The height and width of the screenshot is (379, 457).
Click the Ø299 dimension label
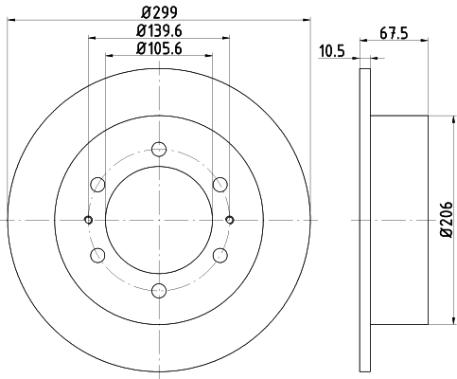point(159,12)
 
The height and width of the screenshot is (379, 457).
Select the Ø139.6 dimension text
point(159,31)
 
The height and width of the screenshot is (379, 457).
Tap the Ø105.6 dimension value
point(159,48)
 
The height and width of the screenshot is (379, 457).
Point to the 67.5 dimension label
point(394,33)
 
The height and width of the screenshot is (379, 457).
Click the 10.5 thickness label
point(332,51)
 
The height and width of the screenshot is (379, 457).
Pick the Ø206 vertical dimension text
point(447,220)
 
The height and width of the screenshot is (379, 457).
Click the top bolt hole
point(159,149)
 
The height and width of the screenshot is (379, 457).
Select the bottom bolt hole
point(159,291)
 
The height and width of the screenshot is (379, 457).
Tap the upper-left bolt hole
point(97,185)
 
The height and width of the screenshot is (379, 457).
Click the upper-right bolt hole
point(220,185)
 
